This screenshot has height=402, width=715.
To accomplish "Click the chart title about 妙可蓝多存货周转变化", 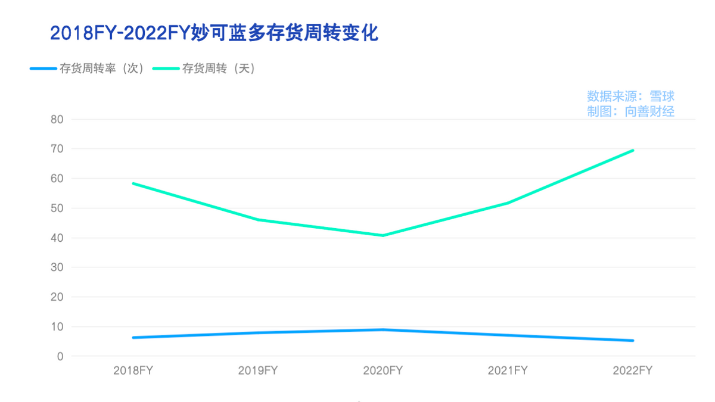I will click(x=214, y=32).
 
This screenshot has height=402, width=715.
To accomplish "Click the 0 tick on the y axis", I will click(x=60, y=356).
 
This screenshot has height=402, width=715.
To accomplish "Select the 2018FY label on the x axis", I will click(x=133, y=370).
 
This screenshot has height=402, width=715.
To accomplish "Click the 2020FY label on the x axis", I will click(x=383, y=370).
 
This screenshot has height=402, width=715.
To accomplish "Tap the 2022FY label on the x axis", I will click(x=633, y=370).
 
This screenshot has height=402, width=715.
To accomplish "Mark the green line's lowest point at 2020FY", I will click(x=383, y=235).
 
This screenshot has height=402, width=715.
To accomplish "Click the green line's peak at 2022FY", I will click(x=633, y=150).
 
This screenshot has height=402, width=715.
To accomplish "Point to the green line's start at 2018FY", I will click(x=133, y=183).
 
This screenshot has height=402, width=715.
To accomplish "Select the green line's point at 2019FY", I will click(x=258, y=220).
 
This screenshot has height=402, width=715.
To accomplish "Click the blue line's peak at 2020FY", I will click(x=383, y=329).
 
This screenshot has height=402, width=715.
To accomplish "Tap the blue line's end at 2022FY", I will click(x=633, y=341).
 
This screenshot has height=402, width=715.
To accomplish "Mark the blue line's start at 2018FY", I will click(x=133, y=338).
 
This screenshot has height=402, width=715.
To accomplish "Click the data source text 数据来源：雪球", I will click(x=630, y=96).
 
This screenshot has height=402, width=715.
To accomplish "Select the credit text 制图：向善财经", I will click(x=630, y=111).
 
